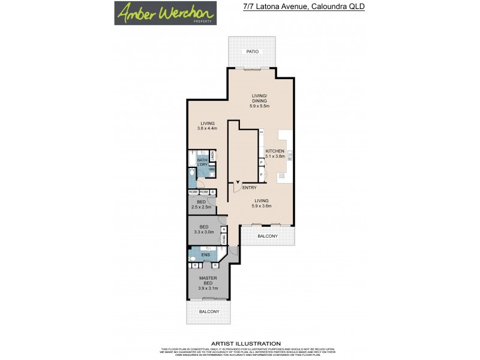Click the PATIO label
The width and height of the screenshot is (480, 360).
click(253, 52)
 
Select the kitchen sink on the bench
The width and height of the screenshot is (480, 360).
click(289, 154)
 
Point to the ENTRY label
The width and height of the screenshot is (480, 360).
click(250, 188)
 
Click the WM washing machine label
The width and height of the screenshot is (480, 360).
click(212, 169)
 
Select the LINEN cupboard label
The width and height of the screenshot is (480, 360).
click(213, 157)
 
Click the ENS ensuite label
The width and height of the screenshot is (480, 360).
click(205, 255)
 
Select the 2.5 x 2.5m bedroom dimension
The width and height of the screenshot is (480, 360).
click(202, 207)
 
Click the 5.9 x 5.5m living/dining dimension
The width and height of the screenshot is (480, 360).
click(260, 106)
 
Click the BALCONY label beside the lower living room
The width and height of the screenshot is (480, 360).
click(268, 236)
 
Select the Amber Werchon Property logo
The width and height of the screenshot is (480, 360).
click(166, 13)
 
